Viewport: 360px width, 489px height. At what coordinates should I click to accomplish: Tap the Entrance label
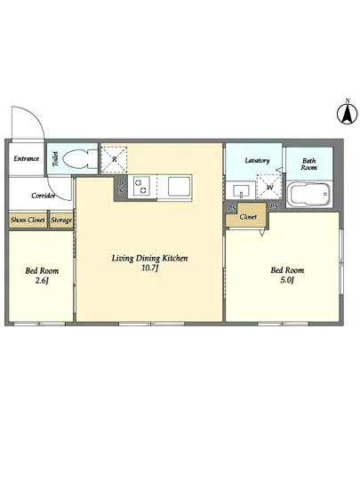point(26,158)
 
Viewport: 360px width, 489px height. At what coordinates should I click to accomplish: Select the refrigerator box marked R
point(115,159)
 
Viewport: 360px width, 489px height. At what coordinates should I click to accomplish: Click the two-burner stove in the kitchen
point(141,187)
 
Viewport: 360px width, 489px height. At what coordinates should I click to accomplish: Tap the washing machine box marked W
point(268,187)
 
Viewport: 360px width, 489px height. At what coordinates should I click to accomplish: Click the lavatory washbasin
point(241,190)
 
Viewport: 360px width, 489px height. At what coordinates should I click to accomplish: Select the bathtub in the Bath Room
point(308,195)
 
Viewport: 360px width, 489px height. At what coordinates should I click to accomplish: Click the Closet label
point(248,217)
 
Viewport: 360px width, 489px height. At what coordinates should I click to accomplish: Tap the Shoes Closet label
point(28,220)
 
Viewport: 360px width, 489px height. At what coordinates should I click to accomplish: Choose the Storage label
point(61,220)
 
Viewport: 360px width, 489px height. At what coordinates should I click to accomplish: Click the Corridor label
point(44,196)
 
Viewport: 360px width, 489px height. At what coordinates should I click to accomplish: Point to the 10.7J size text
point(149,269)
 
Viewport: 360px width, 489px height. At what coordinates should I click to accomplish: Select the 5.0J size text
point(287,280)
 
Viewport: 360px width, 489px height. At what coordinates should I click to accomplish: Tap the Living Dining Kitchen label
point(149,259)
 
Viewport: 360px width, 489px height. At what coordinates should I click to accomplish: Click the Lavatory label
point(257,161)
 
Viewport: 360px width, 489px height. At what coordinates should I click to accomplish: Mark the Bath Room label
point(308,164)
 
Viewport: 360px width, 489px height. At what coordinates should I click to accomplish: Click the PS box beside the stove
point(121,188)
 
